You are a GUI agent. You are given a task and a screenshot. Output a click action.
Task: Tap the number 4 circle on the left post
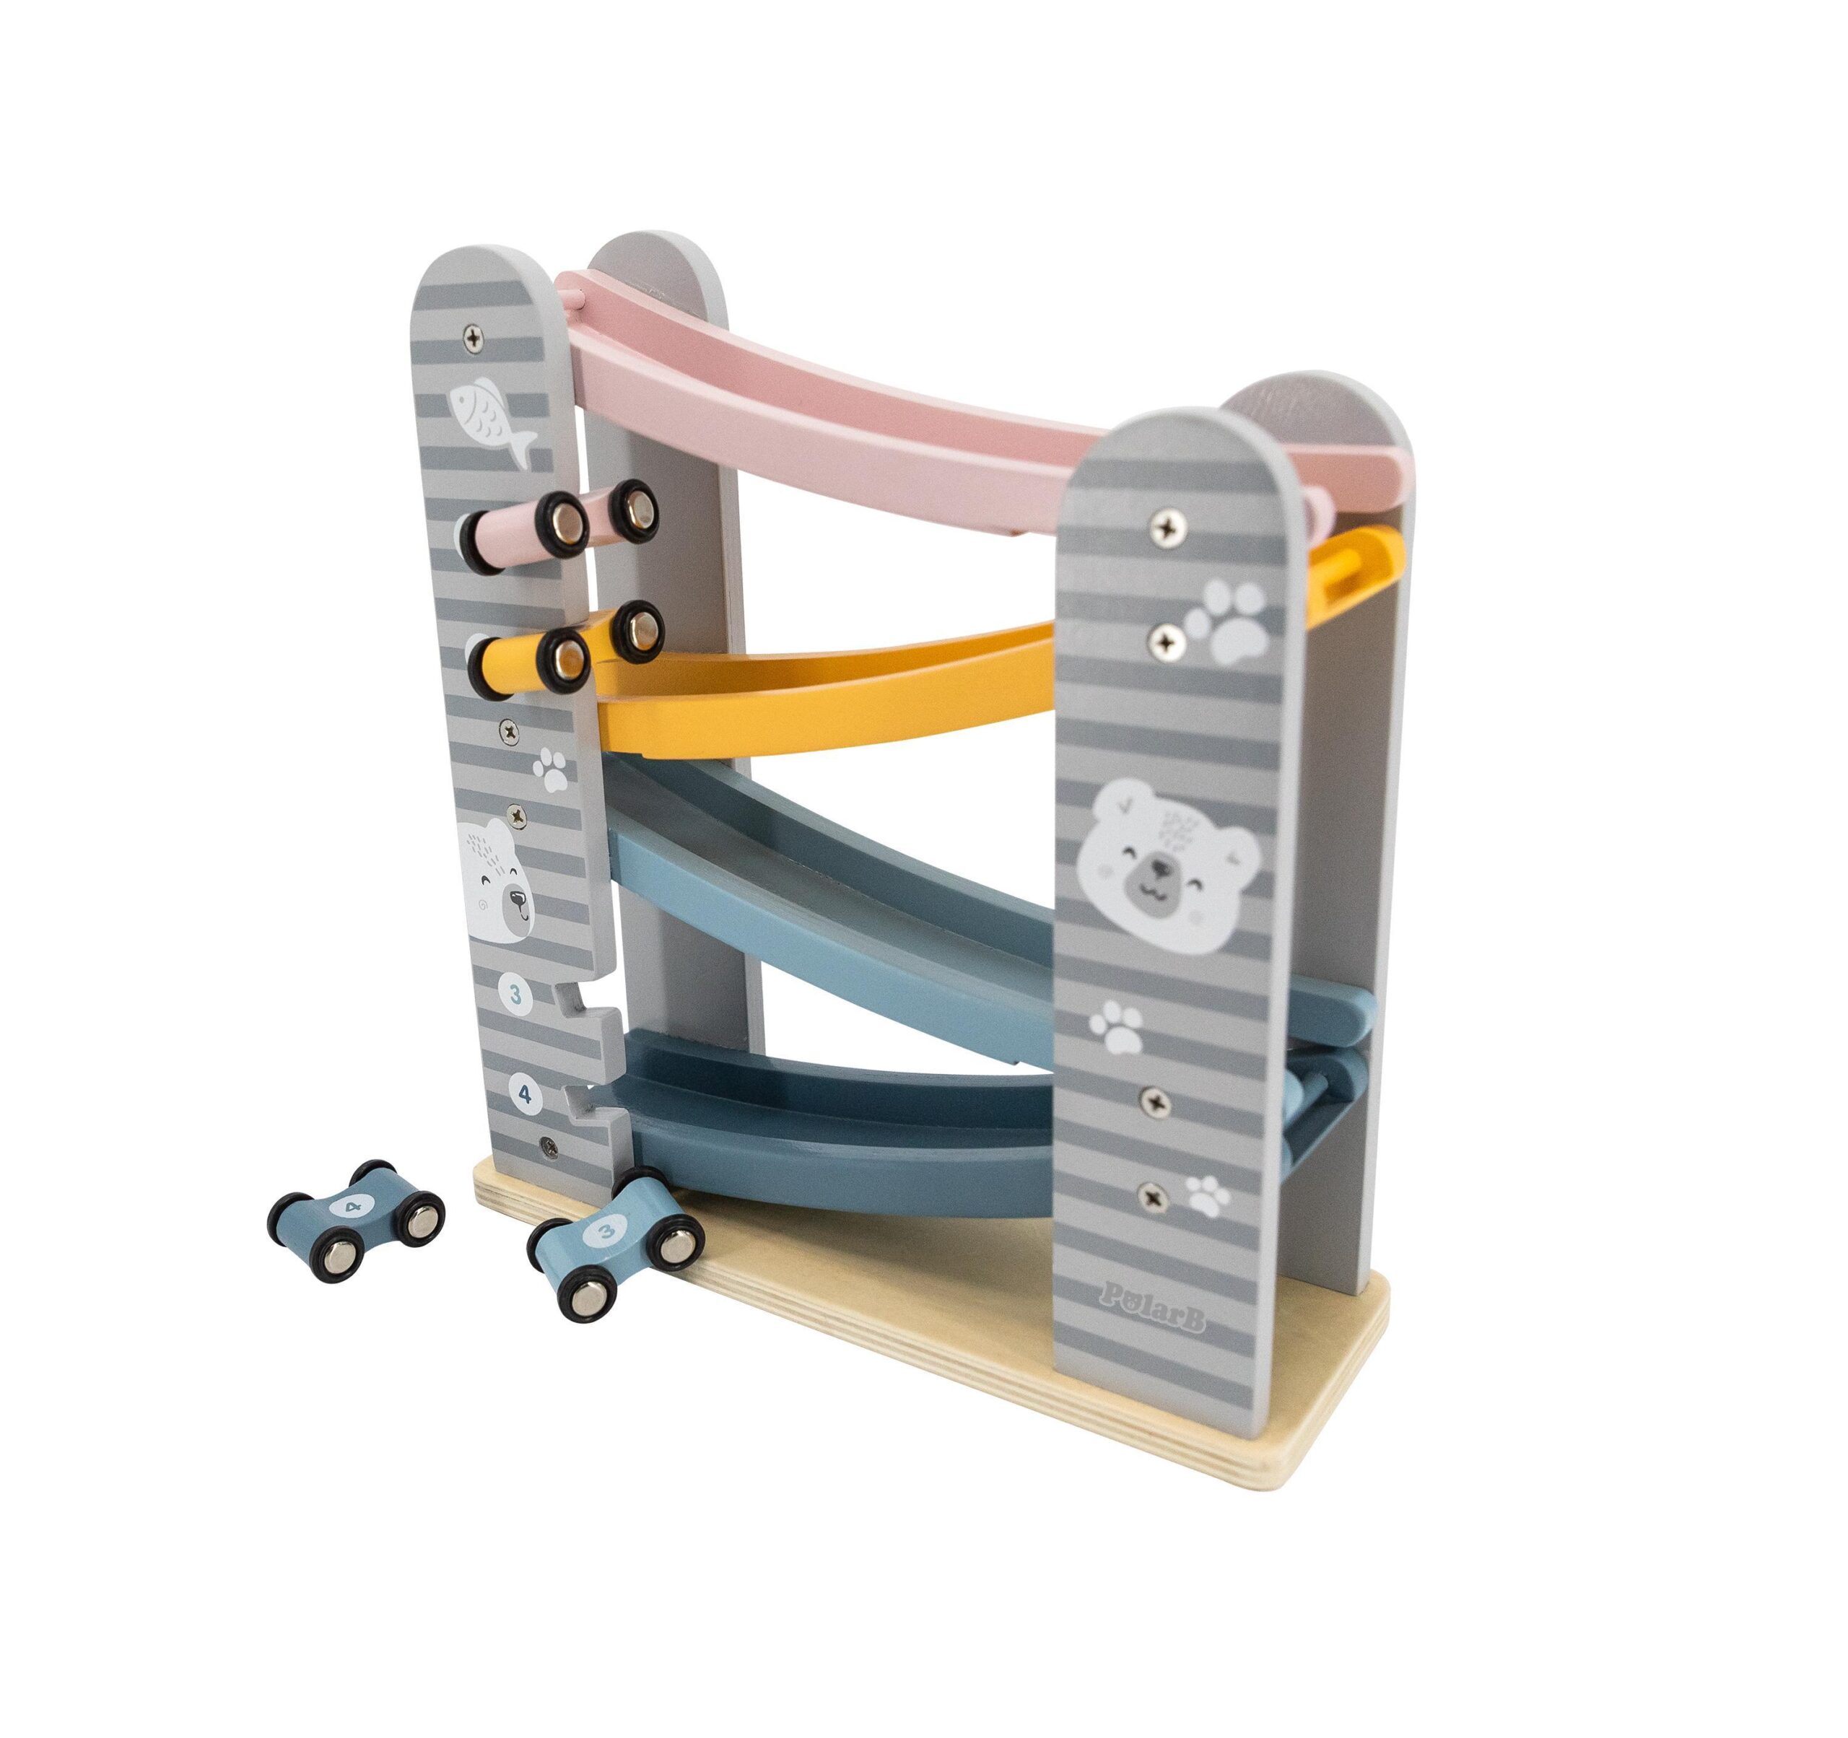pyautogui.click(x=526, y=1095)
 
